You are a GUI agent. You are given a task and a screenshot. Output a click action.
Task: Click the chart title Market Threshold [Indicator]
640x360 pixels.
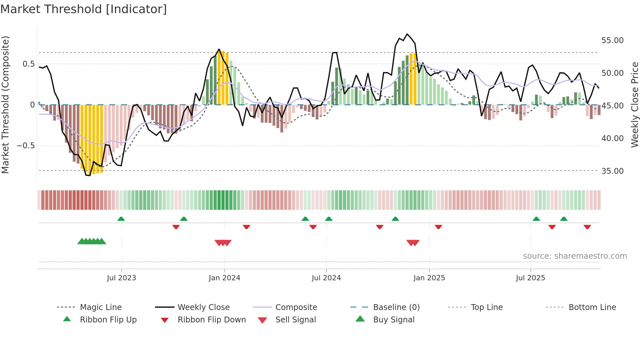pos(84,9)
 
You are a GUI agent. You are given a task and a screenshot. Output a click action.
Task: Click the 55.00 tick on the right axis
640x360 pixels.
pos(612,41)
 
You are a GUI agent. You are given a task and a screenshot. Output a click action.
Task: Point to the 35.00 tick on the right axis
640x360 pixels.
pos(612,171)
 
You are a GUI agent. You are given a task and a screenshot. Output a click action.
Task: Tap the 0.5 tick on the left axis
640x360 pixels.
pos(28,64)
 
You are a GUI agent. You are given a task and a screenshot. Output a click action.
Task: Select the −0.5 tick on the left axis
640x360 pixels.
pos(26,146)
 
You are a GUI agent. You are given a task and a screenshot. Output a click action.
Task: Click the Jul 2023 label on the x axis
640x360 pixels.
pos(121,278)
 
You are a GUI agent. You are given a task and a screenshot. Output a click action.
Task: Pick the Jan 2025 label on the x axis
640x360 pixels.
pos(429,278)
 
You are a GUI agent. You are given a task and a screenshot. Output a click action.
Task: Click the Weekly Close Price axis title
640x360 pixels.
pos(634,105)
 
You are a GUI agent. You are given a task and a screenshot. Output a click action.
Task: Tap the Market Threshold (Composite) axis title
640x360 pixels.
pos(5,105)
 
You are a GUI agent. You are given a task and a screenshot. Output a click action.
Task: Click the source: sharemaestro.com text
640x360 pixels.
pos(575,256)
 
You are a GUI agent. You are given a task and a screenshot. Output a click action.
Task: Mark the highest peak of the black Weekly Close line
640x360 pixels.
pos(407,34)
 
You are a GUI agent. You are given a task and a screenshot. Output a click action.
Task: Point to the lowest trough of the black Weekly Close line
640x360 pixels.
pos(88,175)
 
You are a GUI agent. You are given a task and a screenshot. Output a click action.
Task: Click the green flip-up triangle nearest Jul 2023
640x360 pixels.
pos(121,219)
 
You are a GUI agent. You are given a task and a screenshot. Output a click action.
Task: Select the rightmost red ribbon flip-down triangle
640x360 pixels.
pos(587,227)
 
